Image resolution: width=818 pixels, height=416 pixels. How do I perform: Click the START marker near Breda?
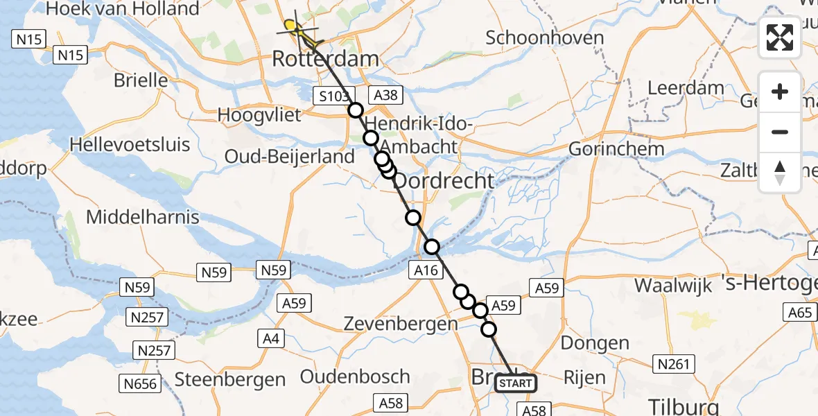(x=516, y=383)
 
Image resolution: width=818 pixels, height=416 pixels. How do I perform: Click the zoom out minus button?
(x=780, y=132)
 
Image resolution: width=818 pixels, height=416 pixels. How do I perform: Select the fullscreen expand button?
(x=780, y=37)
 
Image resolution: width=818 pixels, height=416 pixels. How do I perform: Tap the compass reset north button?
(x=780, y=172)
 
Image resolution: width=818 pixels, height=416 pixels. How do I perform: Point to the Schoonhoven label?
(x=544, y=37)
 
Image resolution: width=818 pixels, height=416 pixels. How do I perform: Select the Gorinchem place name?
(x=616, y=148)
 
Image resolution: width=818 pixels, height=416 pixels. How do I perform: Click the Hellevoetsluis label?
(x=130, y=145)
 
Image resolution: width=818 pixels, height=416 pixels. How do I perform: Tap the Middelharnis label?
(x=142, y=217)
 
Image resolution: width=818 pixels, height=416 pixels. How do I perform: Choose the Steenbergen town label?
(x=230, y=379)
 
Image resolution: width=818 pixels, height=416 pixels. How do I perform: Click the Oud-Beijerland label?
(x=290, y=157)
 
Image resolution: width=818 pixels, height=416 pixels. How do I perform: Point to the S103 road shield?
(x=334, y=96)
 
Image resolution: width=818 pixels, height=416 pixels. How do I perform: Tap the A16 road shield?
(x=426, y=270)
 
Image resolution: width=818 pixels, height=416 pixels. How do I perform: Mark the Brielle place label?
(x=141, y=80)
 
